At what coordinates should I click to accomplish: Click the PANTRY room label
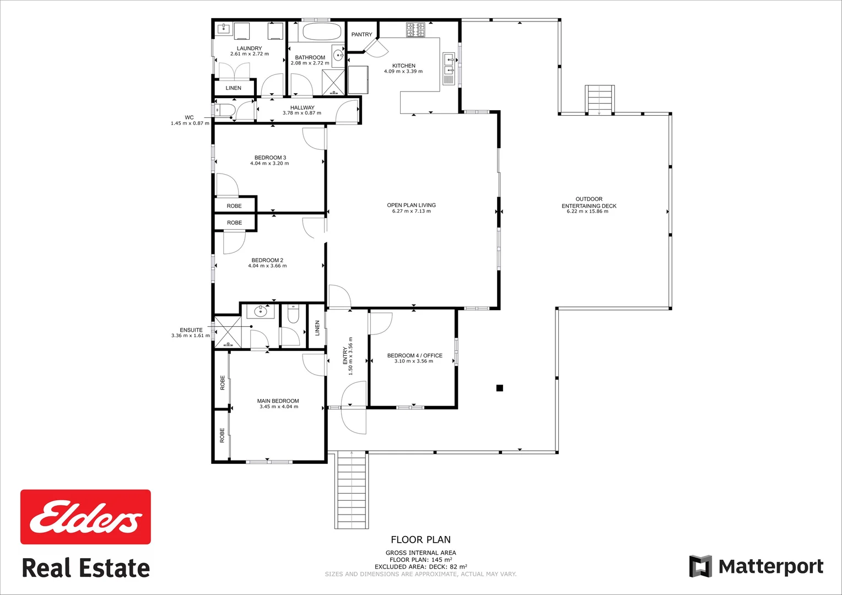coord(361,34)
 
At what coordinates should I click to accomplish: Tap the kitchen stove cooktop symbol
coord(415,30)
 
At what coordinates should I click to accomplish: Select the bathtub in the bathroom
coord(314,32)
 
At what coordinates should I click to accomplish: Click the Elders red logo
coord(85,517)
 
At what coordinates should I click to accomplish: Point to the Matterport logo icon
coord(700,566)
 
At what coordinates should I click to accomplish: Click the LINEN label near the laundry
coord(233,88)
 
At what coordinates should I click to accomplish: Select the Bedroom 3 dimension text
coord(269,164)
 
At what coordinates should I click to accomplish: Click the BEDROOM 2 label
coord(267,260)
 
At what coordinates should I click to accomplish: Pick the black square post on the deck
coord(500,388)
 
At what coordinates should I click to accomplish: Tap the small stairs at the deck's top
coord(599,100)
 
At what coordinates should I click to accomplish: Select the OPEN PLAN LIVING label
coord(411,205)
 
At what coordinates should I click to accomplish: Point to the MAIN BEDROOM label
coord(278,401)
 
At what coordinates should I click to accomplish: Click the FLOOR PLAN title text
coord(420,540)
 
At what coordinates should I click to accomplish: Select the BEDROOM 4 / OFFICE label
coord(414,355)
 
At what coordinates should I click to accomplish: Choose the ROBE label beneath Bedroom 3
coord(234,206)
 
